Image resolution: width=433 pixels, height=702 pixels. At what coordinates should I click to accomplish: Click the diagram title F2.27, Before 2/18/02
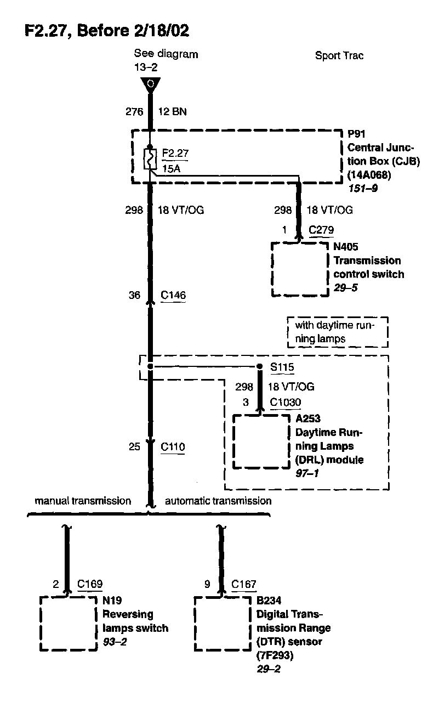click(106, 31)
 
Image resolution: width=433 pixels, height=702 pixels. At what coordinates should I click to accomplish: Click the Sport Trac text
click(339, 56)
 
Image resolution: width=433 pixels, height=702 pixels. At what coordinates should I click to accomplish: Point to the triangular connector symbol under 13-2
click(150, 86)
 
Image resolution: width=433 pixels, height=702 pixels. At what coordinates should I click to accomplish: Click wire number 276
click(134, 112)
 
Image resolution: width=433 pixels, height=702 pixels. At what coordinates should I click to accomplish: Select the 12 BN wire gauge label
click(172, 112)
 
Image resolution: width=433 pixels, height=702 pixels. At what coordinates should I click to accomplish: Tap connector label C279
click(321, 230)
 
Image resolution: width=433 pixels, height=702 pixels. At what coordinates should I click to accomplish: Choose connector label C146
click(173, 296)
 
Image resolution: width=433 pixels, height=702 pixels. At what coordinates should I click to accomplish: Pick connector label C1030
click(286, 403)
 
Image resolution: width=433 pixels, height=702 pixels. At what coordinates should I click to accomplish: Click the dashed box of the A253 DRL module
click(261, 441)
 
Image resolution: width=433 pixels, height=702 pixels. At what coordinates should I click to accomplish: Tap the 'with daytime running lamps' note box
click(337, 332)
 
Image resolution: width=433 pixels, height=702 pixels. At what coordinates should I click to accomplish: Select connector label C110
click(173, 447)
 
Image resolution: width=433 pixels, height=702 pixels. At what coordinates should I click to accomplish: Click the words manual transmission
click(83, 501)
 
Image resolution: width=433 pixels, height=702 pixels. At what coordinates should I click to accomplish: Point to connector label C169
click(89, 585)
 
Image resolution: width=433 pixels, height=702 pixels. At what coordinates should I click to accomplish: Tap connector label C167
click(244, 585)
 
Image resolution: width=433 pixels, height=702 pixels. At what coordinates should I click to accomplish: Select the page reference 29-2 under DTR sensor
click(268, 669)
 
